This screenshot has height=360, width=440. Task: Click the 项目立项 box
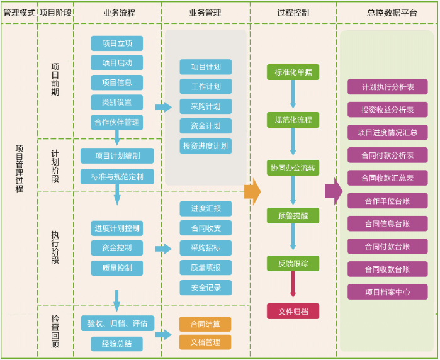tap(116, 43)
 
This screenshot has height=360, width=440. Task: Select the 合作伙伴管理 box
tap(116, 122)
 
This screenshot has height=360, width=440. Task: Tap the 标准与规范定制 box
tap(117, 177)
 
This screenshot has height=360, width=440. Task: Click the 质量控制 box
tap(116, 268)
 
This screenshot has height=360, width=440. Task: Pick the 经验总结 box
tap(116, 344)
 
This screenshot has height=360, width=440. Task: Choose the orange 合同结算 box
tap(205, 324)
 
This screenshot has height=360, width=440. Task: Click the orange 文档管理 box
tap(205, 342)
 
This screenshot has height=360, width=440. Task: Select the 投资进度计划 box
tap(205, 146)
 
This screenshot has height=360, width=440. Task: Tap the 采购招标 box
tap(205, 248)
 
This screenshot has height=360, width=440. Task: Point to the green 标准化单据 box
tap(293, 72)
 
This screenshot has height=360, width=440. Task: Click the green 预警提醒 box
tap(293, 216)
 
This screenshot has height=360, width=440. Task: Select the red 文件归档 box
tap(293, 312)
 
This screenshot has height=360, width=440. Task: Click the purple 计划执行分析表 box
tap(387, 87)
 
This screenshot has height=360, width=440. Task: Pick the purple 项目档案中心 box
tap(387, 292)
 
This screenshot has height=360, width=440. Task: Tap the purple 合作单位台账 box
tap(387, 201)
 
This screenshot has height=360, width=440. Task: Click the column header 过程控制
tap(293, 13)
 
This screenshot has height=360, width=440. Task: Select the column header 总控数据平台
tap(387, 13)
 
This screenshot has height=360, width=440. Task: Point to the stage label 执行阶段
tap(55, 247)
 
